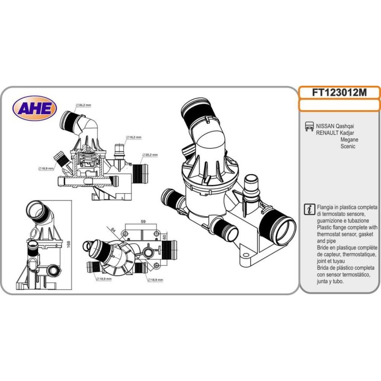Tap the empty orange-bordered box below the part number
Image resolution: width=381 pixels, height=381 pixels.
pyautogui.click(x=339, y=105)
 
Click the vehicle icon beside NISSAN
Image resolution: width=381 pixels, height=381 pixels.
pyautogui.click(x=309, y=127)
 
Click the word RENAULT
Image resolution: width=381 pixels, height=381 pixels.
pyautogui.click(x=328, y=133)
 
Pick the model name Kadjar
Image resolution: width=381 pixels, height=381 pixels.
pyautogui.click(x=348, y=133)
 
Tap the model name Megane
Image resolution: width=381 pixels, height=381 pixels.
pyautogui.click(x=349, y=140)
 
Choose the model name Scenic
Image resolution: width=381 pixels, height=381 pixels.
pyautogui.click(x=348, y=147)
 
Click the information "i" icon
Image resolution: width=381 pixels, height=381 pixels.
pyautogui.click(x=310, y=208)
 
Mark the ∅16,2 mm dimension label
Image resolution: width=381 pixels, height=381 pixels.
pyautogui.click(x=134, y=137)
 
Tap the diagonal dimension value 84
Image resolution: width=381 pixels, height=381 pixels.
pyautogui.click(x=113, y=229)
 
